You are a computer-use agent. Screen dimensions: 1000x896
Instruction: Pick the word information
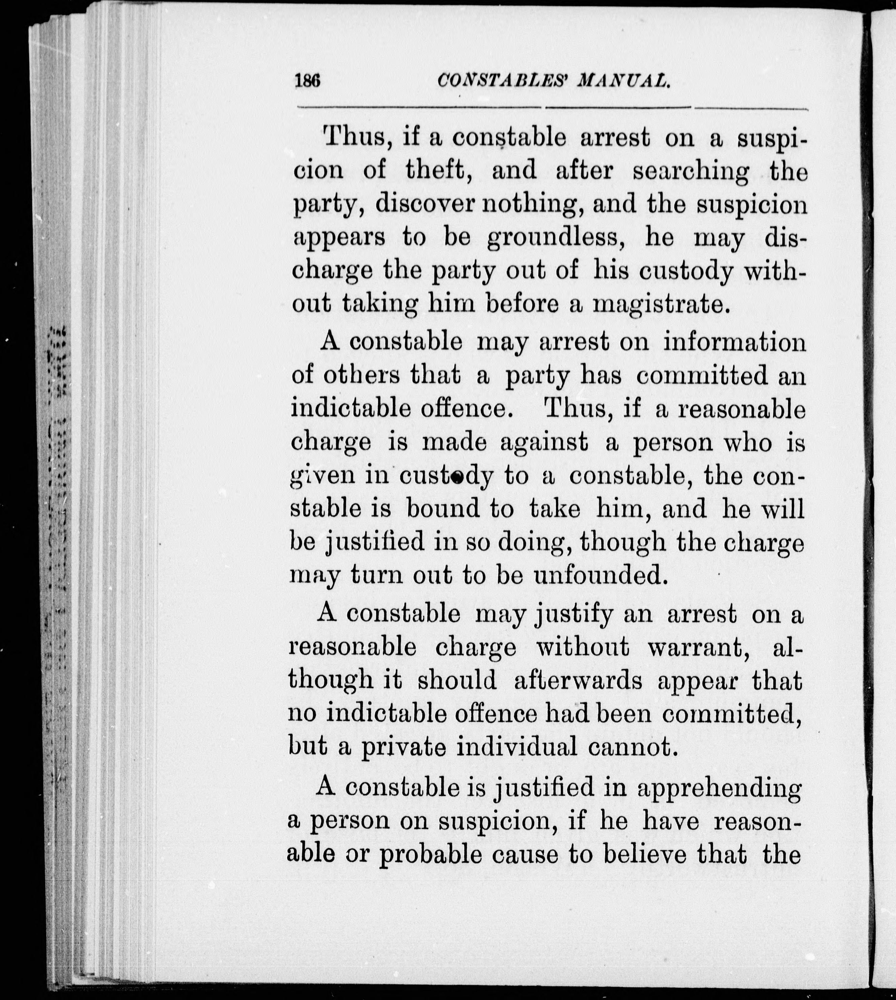[735, 343]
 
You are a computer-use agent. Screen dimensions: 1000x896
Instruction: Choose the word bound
[443, 509]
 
